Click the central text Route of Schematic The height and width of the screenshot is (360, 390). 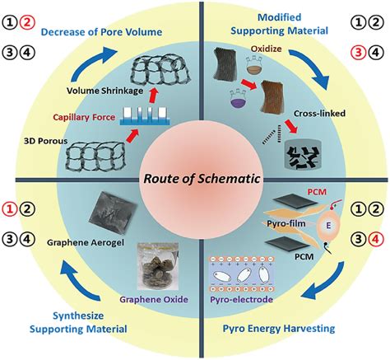194,177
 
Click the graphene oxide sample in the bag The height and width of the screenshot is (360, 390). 148,262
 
